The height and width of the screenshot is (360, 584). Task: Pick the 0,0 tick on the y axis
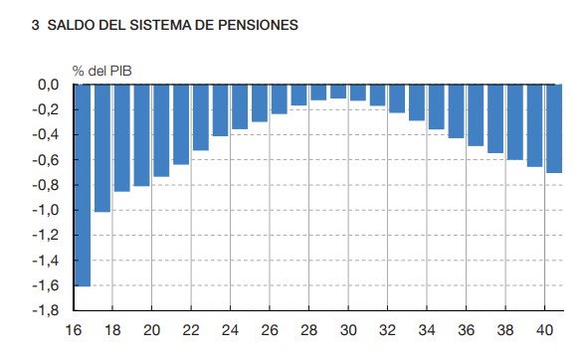(x=49, y=86)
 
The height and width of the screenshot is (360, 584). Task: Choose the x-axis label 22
(x=190, y=330)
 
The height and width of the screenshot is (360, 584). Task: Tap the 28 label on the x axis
(x=308, y=330)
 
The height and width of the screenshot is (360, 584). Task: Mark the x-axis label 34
(x=427, y=330)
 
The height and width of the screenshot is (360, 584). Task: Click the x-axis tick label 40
(x=544, y=330)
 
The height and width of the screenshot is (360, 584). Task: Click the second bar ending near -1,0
(x=101, y=149)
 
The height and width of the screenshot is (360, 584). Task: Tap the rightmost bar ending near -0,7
(x=554, y=129)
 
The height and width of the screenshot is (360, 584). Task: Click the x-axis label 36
(x=466, y=330)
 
